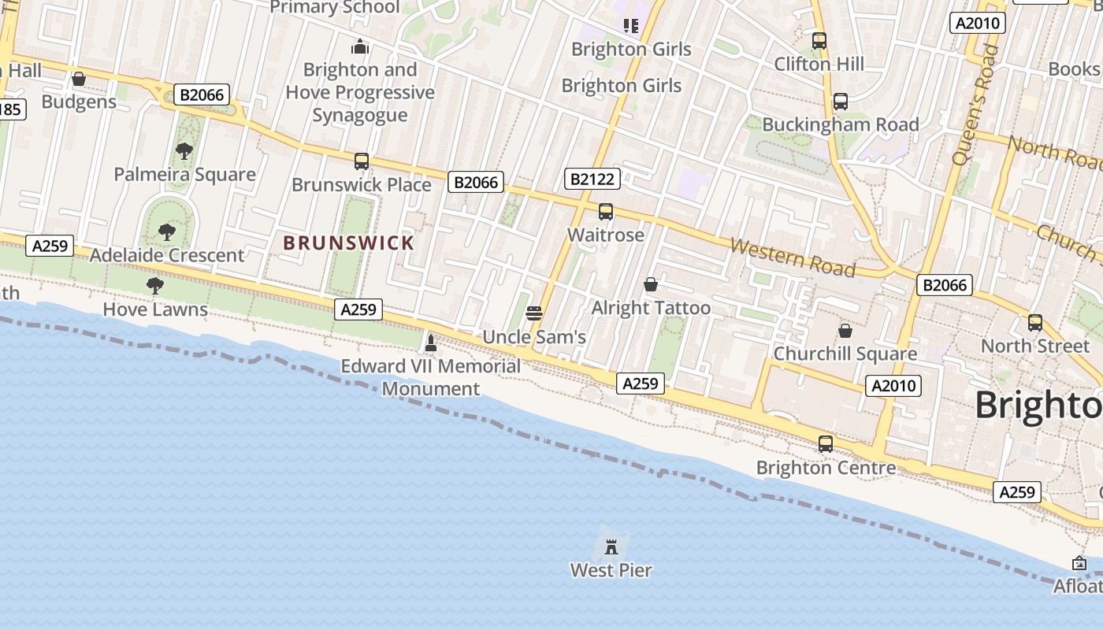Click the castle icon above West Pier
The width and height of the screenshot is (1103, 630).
click(x=611, y=546)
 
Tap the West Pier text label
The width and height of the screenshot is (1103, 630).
click(x=611, y=569)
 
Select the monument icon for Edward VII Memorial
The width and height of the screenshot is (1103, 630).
click(x=430, y=343)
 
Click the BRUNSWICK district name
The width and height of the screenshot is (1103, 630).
click(x=348, y=243)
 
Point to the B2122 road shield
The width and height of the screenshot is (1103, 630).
click(x=592, y=179)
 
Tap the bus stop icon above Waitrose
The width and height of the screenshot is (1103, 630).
click(x=605, y=211)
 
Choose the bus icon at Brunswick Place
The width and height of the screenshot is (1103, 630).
click(x=361, y=161)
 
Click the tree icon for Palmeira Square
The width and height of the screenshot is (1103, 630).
click(x=184, y=150)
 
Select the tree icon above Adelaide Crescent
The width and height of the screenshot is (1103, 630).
click(x=166, y=232)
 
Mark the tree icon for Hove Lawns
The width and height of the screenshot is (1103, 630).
click(x=155, y=285)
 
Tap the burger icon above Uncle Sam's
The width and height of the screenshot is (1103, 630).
click(x=533, y=313)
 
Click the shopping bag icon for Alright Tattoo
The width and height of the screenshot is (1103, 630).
click(x=651, y=283)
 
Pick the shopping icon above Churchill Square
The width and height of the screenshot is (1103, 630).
click(x=845, y=331)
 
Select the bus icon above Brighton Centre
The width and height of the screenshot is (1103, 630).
click(x=825, y=443)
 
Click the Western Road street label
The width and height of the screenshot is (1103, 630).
click(x=792, y=258)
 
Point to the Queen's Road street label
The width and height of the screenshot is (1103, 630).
click(x=975, y=105)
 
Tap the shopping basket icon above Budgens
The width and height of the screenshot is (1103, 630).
click(x=78, y=79)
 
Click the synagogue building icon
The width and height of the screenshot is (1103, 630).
click(x=360, y=46)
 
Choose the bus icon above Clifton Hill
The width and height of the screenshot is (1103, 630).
click(x=819, y=40)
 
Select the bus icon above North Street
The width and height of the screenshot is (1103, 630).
click(x=1034, y=322)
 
